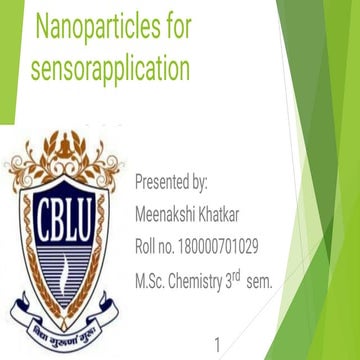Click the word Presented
point(164,183)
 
